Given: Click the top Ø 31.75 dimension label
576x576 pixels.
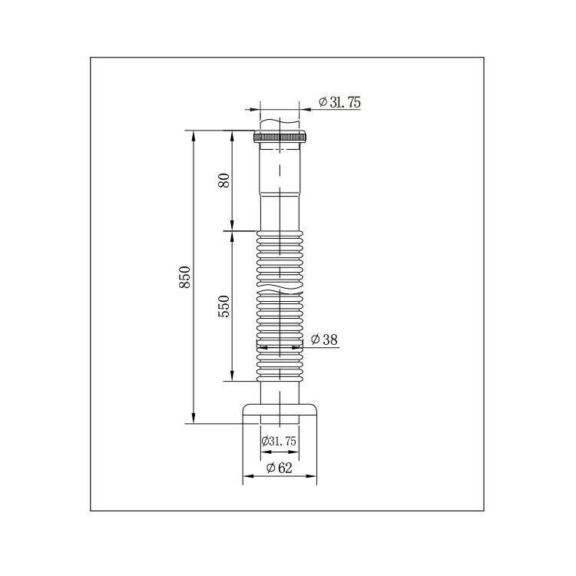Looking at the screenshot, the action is pyautogui.click(x=339, y=101).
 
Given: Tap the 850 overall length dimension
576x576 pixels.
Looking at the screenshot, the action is pyautogui.click(x=185, y=277).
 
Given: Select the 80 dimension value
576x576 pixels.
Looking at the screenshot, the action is pyautogui.click(x=223, y=180).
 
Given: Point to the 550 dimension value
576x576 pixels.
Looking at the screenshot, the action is pyautogui.click(x=223, y=306).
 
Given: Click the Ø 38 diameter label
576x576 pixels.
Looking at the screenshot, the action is pyautogui.click(x=324, y=339).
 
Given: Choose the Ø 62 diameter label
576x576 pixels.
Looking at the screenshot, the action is pyautogui.click(x=280, y=468).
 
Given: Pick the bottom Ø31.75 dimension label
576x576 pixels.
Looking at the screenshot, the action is pyautogui.click(x=279, y=441).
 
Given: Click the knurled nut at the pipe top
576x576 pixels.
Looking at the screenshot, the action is pyautogui.click(x=280, y=137).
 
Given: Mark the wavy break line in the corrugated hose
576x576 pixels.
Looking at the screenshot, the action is pyautogui.click(x=280, y=289).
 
